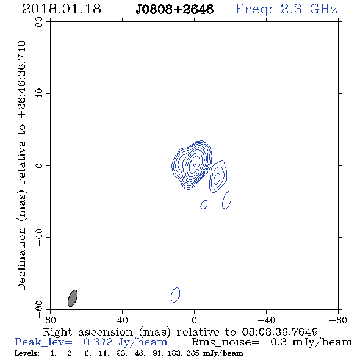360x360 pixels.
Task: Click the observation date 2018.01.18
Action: click(x=62, y=9)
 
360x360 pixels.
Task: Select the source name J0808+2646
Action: click(x=175, y=9)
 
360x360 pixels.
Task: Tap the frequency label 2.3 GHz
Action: click(x=309, y=9)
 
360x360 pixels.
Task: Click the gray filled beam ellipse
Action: click(x=73, y=298)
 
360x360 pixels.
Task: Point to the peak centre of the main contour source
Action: click(x=195, y=164)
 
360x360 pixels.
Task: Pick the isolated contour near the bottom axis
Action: click(x=175, y=295)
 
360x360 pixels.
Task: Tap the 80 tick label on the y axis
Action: click(x=39, y=22)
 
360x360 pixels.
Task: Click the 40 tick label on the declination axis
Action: click(x=39, y=94)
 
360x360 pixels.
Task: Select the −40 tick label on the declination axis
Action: click(x=39, y=237)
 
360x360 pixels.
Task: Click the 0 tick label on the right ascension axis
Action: click(x=194, y=320)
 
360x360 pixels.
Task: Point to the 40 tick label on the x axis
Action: click(x=122, y=320)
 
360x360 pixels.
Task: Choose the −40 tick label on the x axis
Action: click(x=266, y=320)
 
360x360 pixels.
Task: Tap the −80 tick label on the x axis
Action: click(x=338, y=320)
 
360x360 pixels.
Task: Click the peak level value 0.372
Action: click(x=98, y=342)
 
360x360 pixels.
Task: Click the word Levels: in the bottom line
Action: click(x=27, y=353)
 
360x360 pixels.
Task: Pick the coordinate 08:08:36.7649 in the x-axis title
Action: click(x=279, y=332)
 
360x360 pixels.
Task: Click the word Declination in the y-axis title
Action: click(x=21, y=259)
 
